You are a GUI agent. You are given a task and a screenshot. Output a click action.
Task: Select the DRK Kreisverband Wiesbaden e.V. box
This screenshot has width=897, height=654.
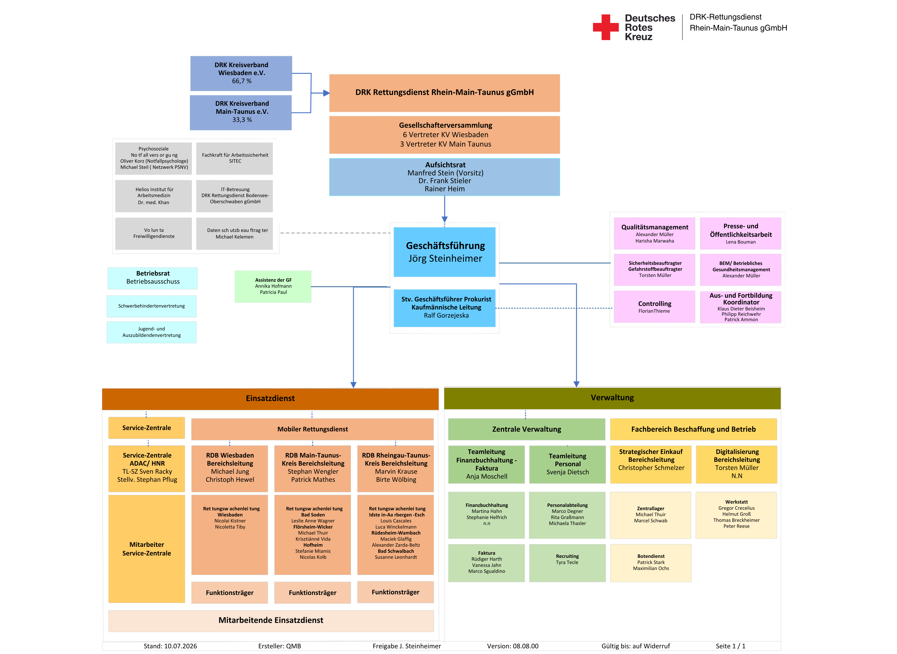click(x=241, y=73)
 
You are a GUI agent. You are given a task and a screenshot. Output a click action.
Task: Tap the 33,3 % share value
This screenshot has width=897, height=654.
click(x=242, y=120)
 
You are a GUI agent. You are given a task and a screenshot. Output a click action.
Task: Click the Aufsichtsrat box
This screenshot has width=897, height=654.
click(x=445, y=177)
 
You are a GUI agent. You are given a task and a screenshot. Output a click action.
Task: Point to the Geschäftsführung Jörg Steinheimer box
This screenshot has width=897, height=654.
click(x=445, y=252)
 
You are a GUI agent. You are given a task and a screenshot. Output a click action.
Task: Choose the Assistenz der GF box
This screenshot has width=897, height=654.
click(x=273, y=286)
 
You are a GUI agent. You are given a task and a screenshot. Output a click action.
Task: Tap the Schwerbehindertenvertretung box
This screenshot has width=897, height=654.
click(x=152, y=306)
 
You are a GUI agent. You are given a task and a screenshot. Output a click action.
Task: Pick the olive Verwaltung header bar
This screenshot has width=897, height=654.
click(x=612, y=398)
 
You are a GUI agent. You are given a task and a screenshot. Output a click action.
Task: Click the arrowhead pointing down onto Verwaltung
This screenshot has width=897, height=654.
click(x=576, y=384)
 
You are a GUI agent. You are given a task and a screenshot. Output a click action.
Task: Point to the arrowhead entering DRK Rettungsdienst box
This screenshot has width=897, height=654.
click(x=326, y=93)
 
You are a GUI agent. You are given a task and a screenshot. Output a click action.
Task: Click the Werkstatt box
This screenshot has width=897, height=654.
click(x=736, y=515)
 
